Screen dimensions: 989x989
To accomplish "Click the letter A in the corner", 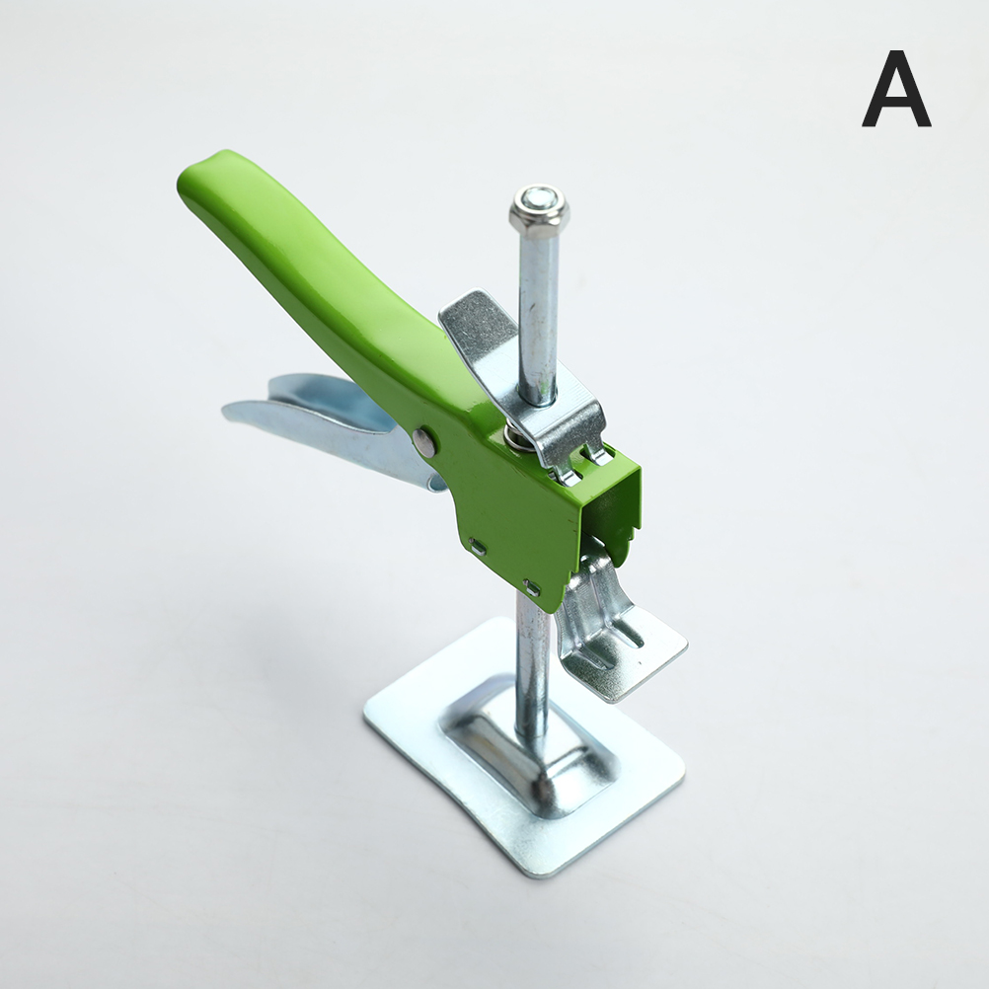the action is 896,89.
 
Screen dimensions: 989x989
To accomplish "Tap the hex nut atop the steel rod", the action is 540,207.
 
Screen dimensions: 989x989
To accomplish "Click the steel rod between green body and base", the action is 532,675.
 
